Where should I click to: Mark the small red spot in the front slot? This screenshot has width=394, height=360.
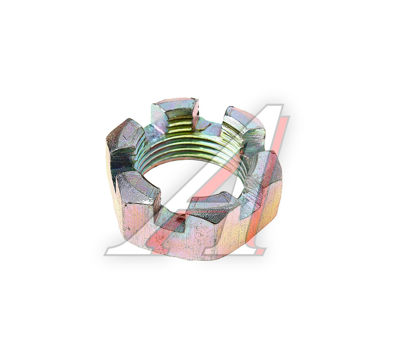point(179,219)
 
